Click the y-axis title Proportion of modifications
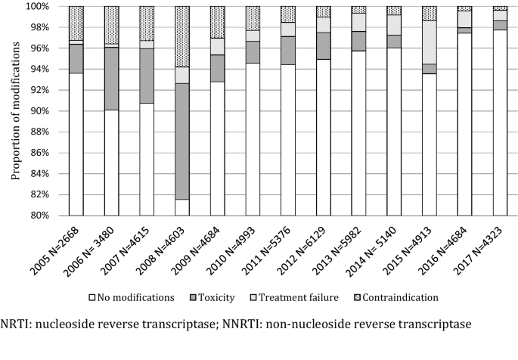(14, 110)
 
